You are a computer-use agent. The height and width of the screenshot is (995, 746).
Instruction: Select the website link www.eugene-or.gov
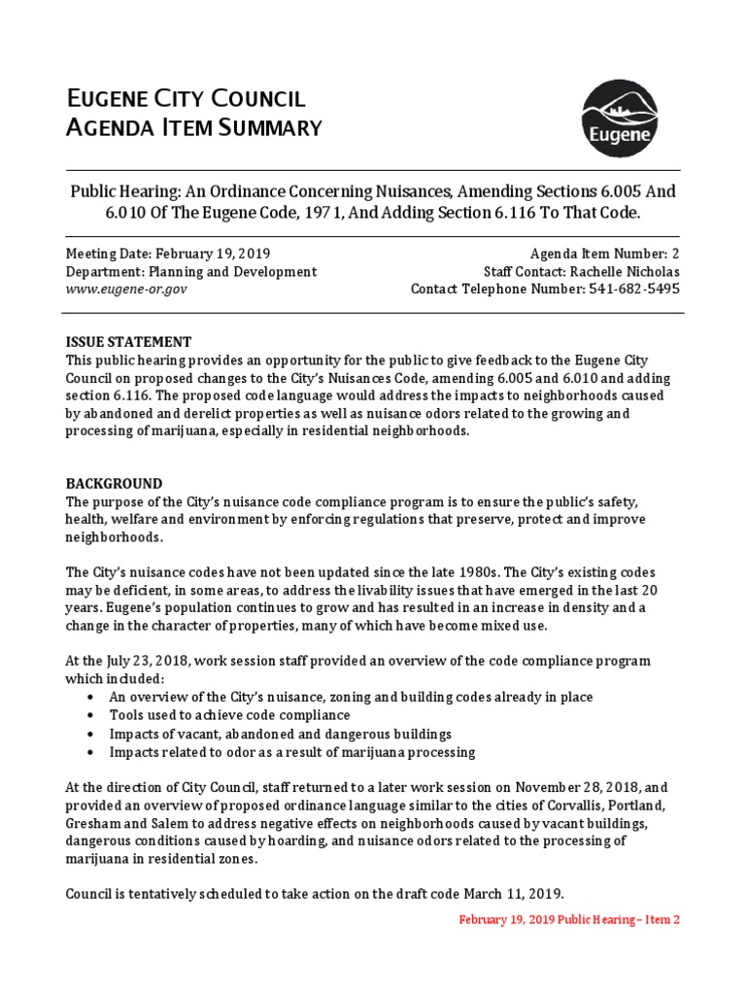click(126, 289)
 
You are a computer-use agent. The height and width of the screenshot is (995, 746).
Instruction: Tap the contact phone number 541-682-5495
click(634, 289)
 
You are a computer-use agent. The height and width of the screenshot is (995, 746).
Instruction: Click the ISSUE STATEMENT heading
click(128, 342)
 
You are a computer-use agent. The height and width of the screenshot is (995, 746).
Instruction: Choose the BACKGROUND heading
click(114, 484)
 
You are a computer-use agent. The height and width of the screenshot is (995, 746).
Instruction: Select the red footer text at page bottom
click(569, 919)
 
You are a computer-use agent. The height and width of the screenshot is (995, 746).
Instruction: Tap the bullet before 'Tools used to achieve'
click(90, 716)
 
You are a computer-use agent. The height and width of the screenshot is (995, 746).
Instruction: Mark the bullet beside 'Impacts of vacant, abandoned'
click(90, 735)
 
